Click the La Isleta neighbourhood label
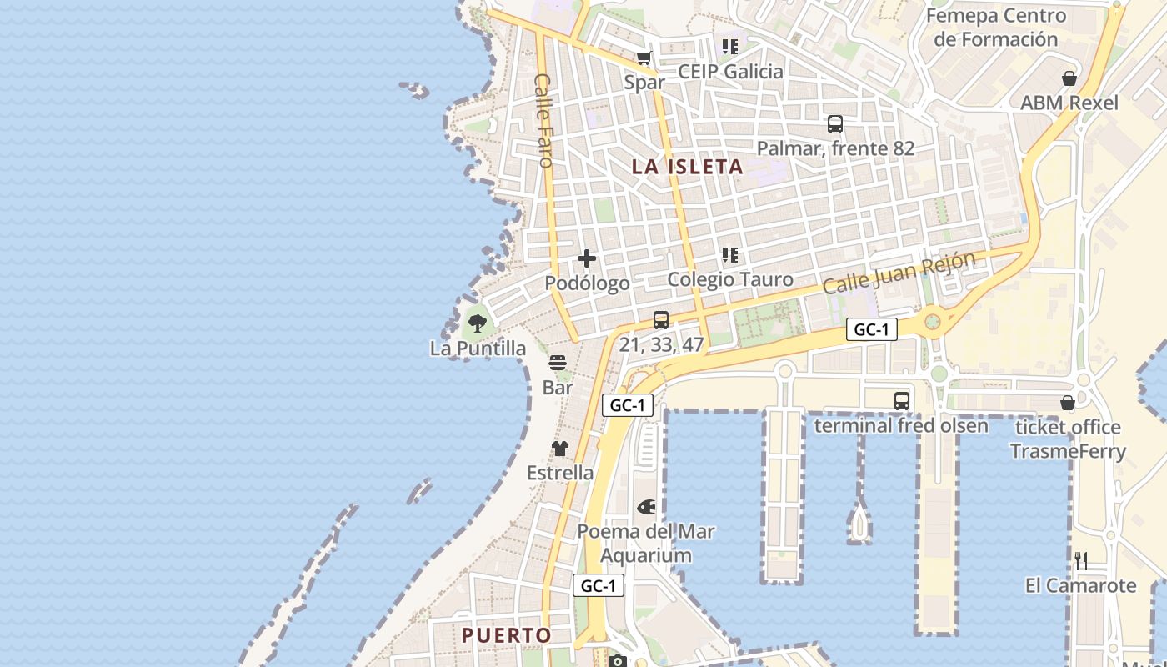click(x=687, y=167)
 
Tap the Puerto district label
click(x=507, y=635)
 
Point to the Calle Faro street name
click(x=543, y=120)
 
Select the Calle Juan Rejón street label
click(x=899, y=273)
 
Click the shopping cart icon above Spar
click(x=644, y=58)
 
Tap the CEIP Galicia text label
click(x=730, y=72)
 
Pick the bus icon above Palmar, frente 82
click(x=835, y=124)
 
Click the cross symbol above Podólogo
click(x=587, y=258)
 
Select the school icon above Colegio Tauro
click(x=730, y=255)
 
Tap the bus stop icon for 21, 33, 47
click(x=661, y=319)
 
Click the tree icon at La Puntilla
click(x=478, y=323)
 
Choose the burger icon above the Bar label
click(x=558, y=363)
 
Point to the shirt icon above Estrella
click(x=560, y=449)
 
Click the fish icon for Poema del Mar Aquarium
click(x=646, y=507)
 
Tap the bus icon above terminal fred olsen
click(x=901, y=401)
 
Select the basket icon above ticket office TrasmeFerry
click(x=1068, y=404)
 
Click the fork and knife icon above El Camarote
click(x=1081, y=560)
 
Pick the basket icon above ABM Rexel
click(x=1069, y=78)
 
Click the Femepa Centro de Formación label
click(x=995, y=28)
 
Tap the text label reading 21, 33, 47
click(x=662, y=344)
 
